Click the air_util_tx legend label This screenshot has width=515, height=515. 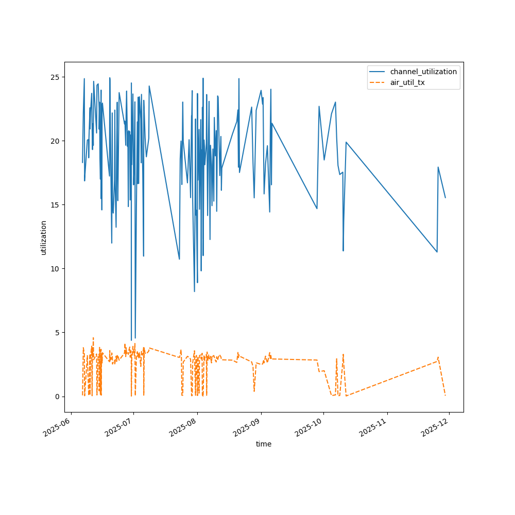coord(407,82)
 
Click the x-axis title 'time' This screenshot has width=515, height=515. coord(264,444)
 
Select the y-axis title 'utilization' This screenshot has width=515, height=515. coord(44,237)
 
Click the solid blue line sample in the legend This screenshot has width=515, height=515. coord(378,72)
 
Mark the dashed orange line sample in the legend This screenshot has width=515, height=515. coord(378,82)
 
